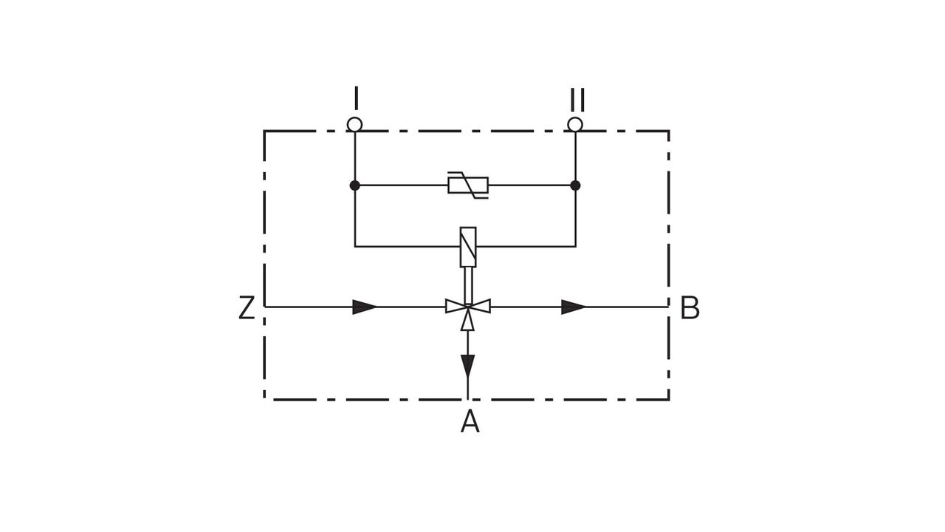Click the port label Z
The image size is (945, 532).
point(247,308)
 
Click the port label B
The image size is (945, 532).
point(690,308)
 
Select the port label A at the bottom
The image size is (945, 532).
point(470,422)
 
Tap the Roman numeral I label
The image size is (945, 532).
point(356,98)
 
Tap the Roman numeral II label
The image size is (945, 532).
point(577,100)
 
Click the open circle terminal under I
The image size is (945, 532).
point(355,124)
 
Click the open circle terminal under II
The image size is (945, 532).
point(575,124)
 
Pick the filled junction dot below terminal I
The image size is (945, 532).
point(355,185)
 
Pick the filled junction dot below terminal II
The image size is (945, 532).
point(575,185)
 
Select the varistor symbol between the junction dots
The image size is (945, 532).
point(468,185)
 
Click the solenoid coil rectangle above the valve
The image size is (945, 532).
point(468,246)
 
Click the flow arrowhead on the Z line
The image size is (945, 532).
point(365,307)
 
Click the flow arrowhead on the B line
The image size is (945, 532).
point(573,307)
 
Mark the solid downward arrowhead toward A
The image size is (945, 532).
point(468,365)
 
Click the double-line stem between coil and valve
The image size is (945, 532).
point(468,284)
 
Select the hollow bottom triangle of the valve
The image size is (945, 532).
point(468,320)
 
